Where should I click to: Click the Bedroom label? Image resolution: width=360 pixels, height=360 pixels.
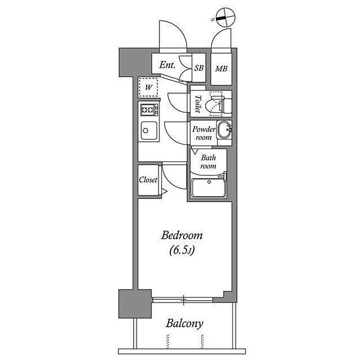pyautogui.click(x=182, y=236)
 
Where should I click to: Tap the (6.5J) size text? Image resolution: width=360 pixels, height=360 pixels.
pyautogui.click(x=182, y=250)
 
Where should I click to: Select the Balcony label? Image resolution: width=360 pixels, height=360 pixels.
pyautogui.click(x=184, y=323)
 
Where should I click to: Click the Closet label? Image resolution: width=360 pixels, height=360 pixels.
pyautogui.click(x=148, y=180)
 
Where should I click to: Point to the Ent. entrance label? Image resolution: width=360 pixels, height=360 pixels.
pyautogui.click(x=167, y=65)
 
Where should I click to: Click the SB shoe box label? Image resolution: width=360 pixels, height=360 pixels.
pyautogui.click(x=199, y=68)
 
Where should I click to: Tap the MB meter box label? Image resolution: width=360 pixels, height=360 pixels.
pyautogui.click(x=221, y=68)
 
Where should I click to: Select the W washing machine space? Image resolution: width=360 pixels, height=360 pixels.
pyautogui.click(x=148, y=87)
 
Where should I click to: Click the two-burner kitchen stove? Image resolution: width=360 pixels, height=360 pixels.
pyautogui.click(x=150, y=110)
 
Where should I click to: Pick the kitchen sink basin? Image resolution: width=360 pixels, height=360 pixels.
pyautogui.click(x=149, y=131)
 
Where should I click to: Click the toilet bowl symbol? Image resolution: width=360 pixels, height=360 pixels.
pyautogui.click(x=216, y=104)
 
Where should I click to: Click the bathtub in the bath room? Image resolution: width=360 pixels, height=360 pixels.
pyautogui.click(x=209, y=188)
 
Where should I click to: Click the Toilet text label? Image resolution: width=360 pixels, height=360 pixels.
pyautogui.click(x=197, y=104)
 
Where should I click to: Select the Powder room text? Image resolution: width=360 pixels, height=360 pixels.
pyautogui.click(x=204, y=133)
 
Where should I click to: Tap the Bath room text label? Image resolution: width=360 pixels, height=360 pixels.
pyautogui.click(x=208, y=161)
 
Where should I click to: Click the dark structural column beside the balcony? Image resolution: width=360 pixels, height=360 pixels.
pyautogui.click(x=135, y=304)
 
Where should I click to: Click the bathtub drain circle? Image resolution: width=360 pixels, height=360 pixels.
pyautogui.click(x=209, y=182)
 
